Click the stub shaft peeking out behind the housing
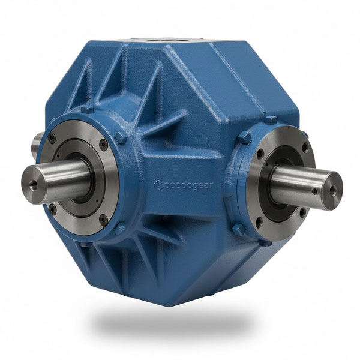tap(37, 144)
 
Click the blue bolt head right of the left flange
tap(122, 138)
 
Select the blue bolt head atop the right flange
tap(271, 120)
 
